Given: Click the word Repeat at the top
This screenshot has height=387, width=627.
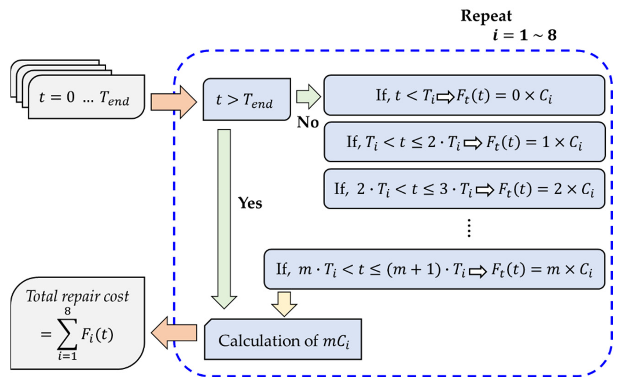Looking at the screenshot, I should pyautogui.click(x=486, y=16).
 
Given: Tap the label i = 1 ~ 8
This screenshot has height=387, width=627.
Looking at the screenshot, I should pyautogui.click(x=524, y=35).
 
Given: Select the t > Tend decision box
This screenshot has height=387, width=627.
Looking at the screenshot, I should pyautogui.click(x=246, y=99).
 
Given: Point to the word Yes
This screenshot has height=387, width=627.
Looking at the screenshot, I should pyautogui.click(x=250, y=203).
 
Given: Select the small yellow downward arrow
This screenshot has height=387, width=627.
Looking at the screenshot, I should pyautogui.click(x=284, y=303).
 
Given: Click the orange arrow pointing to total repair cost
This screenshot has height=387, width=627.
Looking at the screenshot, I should pyautogui.click(x=174, y=333).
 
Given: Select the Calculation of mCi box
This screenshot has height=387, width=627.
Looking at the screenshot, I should pyautogui.click(x=283, y=339).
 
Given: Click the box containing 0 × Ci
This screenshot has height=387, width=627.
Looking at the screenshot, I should pyautogui.click(x=464, y=95).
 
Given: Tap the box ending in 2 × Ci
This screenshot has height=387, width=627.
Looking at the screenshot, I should pyautogui.click(x=464, y=189).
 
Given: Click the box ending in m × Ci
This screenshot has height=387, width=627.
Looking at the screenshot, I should pyautogui.click(x=434, y=269).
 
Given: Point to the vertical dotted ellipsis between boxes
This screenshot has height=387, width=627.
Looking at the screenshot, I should pyautogui.click(x=469, y=228).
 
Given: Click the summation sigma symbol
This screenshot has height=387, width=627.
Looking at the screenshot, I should pyautogui.click(x=67, y=334).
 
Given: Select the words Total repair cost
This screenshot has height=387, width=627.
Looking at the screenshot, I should pyautogui.click(x=78, y=296).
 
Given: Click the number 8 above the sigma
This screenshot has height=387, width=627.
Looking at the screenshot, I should pyautogui.click(x=67, y=311).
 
